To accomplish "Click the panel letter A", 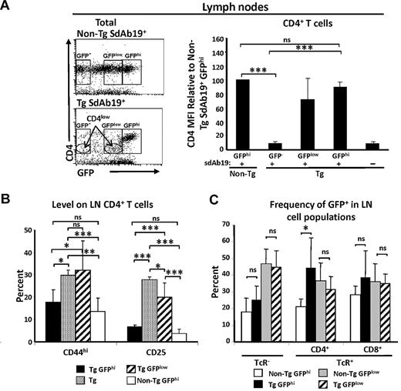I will pos(7,7).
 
